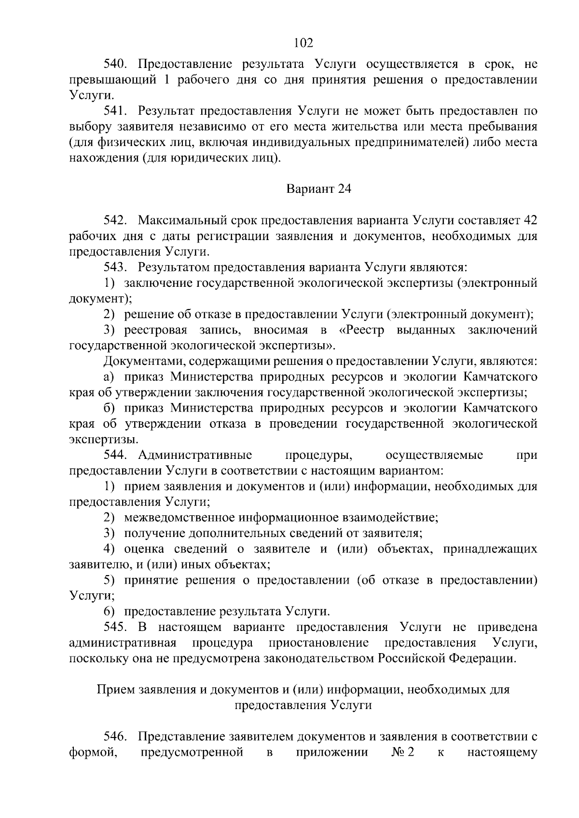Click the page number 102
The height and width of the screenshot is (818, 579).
pos(303,43)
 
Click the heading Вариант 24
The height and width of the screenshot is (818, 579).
pos(319,188)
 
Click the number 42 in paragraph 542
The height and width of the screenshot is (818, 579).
pos(530,221)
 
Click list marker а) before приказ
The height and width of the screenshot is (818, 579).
pos(109,377)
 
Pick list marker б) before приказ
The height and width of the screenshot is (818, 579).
pos(109,408)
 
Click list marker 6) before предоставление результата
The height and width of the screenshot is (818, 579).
pos(109,612)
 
